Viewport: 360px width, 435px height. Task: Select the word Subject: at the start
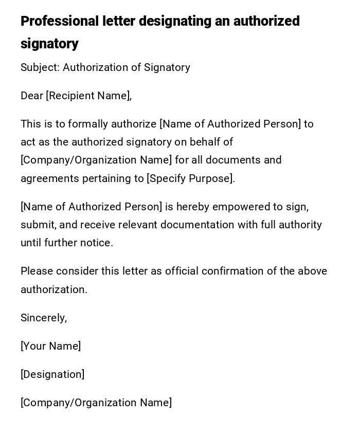40,67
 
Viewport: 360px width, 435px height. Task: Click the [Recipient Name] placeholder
88,96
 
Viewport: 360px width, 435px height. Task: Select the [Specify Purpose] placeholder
190,178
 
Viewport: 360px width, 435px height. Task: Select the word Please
37,271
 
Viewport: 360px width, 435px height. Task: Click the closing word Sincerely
43,318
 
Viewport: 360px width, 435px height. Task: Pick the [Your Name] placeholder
50,346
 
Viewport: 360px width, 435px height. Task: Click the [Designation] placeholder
52,374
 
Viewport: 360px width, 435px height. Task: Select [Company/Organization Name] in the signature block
96,403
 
